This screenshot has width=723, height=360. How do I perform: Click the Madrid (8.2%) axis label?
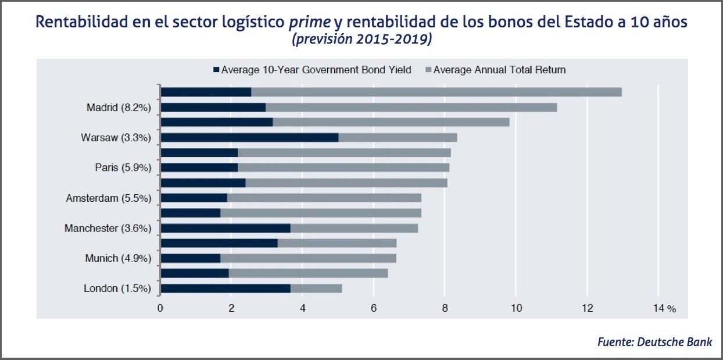pyautogui.click(x=119, y=107)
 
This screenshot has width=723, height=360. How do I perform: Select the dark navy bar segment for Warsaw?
pyautogui.click(x=249, y=137)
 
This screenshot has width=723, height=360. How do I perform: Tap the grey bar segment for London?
pyautogui.click(x=316, y=288)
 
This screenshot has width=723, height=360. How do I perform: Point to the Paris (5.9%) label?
pyautogui.click(x=123, y=167)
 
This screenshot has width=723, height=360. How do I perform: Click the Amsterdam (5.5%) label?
pyautogui.click(x=109, y=198)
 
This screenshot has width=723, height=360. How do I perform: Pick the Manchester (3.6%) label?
pyautogui.click(x=108, y=228)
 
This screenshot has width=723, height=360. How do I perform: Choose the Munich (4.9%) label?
pyautogui.click(x=119, y=258)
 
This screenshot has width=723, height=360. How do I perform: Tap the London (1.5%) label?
pyautogui.click(x=117, y=288)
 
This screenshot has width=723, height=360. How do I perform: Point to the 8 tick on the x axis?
pyautogui.click(x=445, y=308)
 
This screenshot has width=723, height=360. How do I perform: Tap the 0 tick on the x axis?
pyautogui.click(x=160, y=308)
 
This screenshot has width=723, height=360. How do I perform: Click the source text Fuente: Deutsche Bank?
pyautogui.click(x=654, y=342)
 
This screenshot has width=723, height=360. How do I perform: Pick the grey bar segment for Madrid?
pyautogui.click(x=411, y=107)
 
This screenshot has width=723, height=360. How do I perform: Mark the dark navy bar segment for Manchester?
pyautogui.click(x=225, y=228)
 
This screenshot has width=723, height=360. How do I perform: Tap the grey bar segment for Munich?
pyautogui.click(x=308, y=258)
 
